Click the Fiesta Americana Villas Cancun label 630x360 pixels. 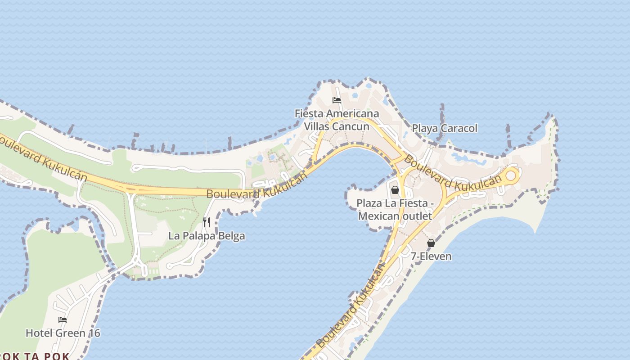(x=337, y=120)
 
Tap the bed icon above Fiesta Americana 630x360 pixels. (x=337, y=100)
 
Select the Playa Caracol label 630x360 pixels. (x=445, y=128)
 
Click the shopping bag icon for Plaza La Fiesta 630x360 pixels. (x=395, y=190)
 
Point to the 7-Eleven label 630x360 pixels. (x=431, y=256)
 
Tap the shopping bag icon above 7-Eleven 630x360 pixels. (x=431, y=243)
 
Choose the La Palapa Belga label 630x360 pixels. (x=207, y=236)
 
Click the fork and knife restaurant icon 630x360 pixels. (x=207, y=222)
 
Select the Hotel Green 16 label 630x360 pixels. (x=63, y=333)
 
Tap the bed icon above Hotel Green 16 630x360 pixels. (x=63, y=320)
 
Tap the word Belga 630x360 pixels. (x=232, y=236)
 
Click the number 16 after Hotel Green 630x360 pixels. (x=94, y=333)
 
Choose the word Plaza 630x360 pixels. (x=370, y=203)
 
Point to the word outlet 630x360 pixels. (x=417, y=216)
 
